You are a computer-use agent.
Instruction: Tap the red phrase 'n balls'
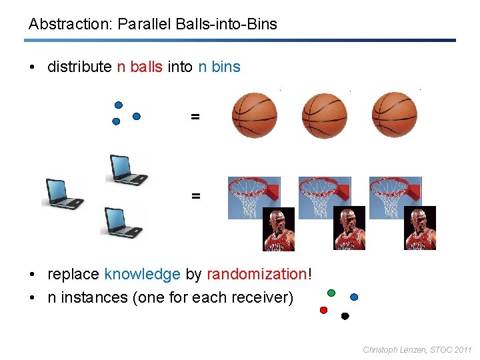tap(139, 67)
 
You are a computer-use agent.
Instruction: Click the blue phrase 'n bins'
tap(219, 67)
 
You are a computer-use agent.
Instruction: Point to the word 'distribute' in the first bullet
tap(79, 67)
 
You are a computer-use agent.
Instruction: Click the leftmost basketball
tap(254, 115)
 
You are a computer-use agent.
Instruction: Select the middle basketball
tap(324, 115)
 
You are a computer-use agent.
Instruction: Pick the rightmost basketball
tap(394, 115)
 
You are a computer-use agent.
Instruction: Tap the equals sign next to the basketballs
tap(195, 117)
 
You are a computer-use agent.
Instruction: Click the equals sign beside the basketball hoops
tap(195, 196)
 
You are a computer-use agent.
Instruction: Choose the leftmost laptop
tap(64, 194)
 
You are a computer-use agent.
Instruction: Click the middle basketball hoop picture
tap(324, 197)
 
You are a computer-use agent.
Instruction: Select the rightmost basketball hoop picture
tap(395, 197)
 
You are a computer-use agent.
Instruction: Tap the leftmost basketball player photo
tap(279, 229)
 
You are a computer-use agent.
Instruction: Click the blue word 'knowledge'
tap(142, 274)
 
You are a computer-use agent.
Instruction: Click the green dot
tap(331, 292)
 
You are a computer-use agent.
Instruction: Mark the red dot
tap(323, 310)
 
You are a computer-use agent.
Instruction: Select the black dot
tap(345, 316)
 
